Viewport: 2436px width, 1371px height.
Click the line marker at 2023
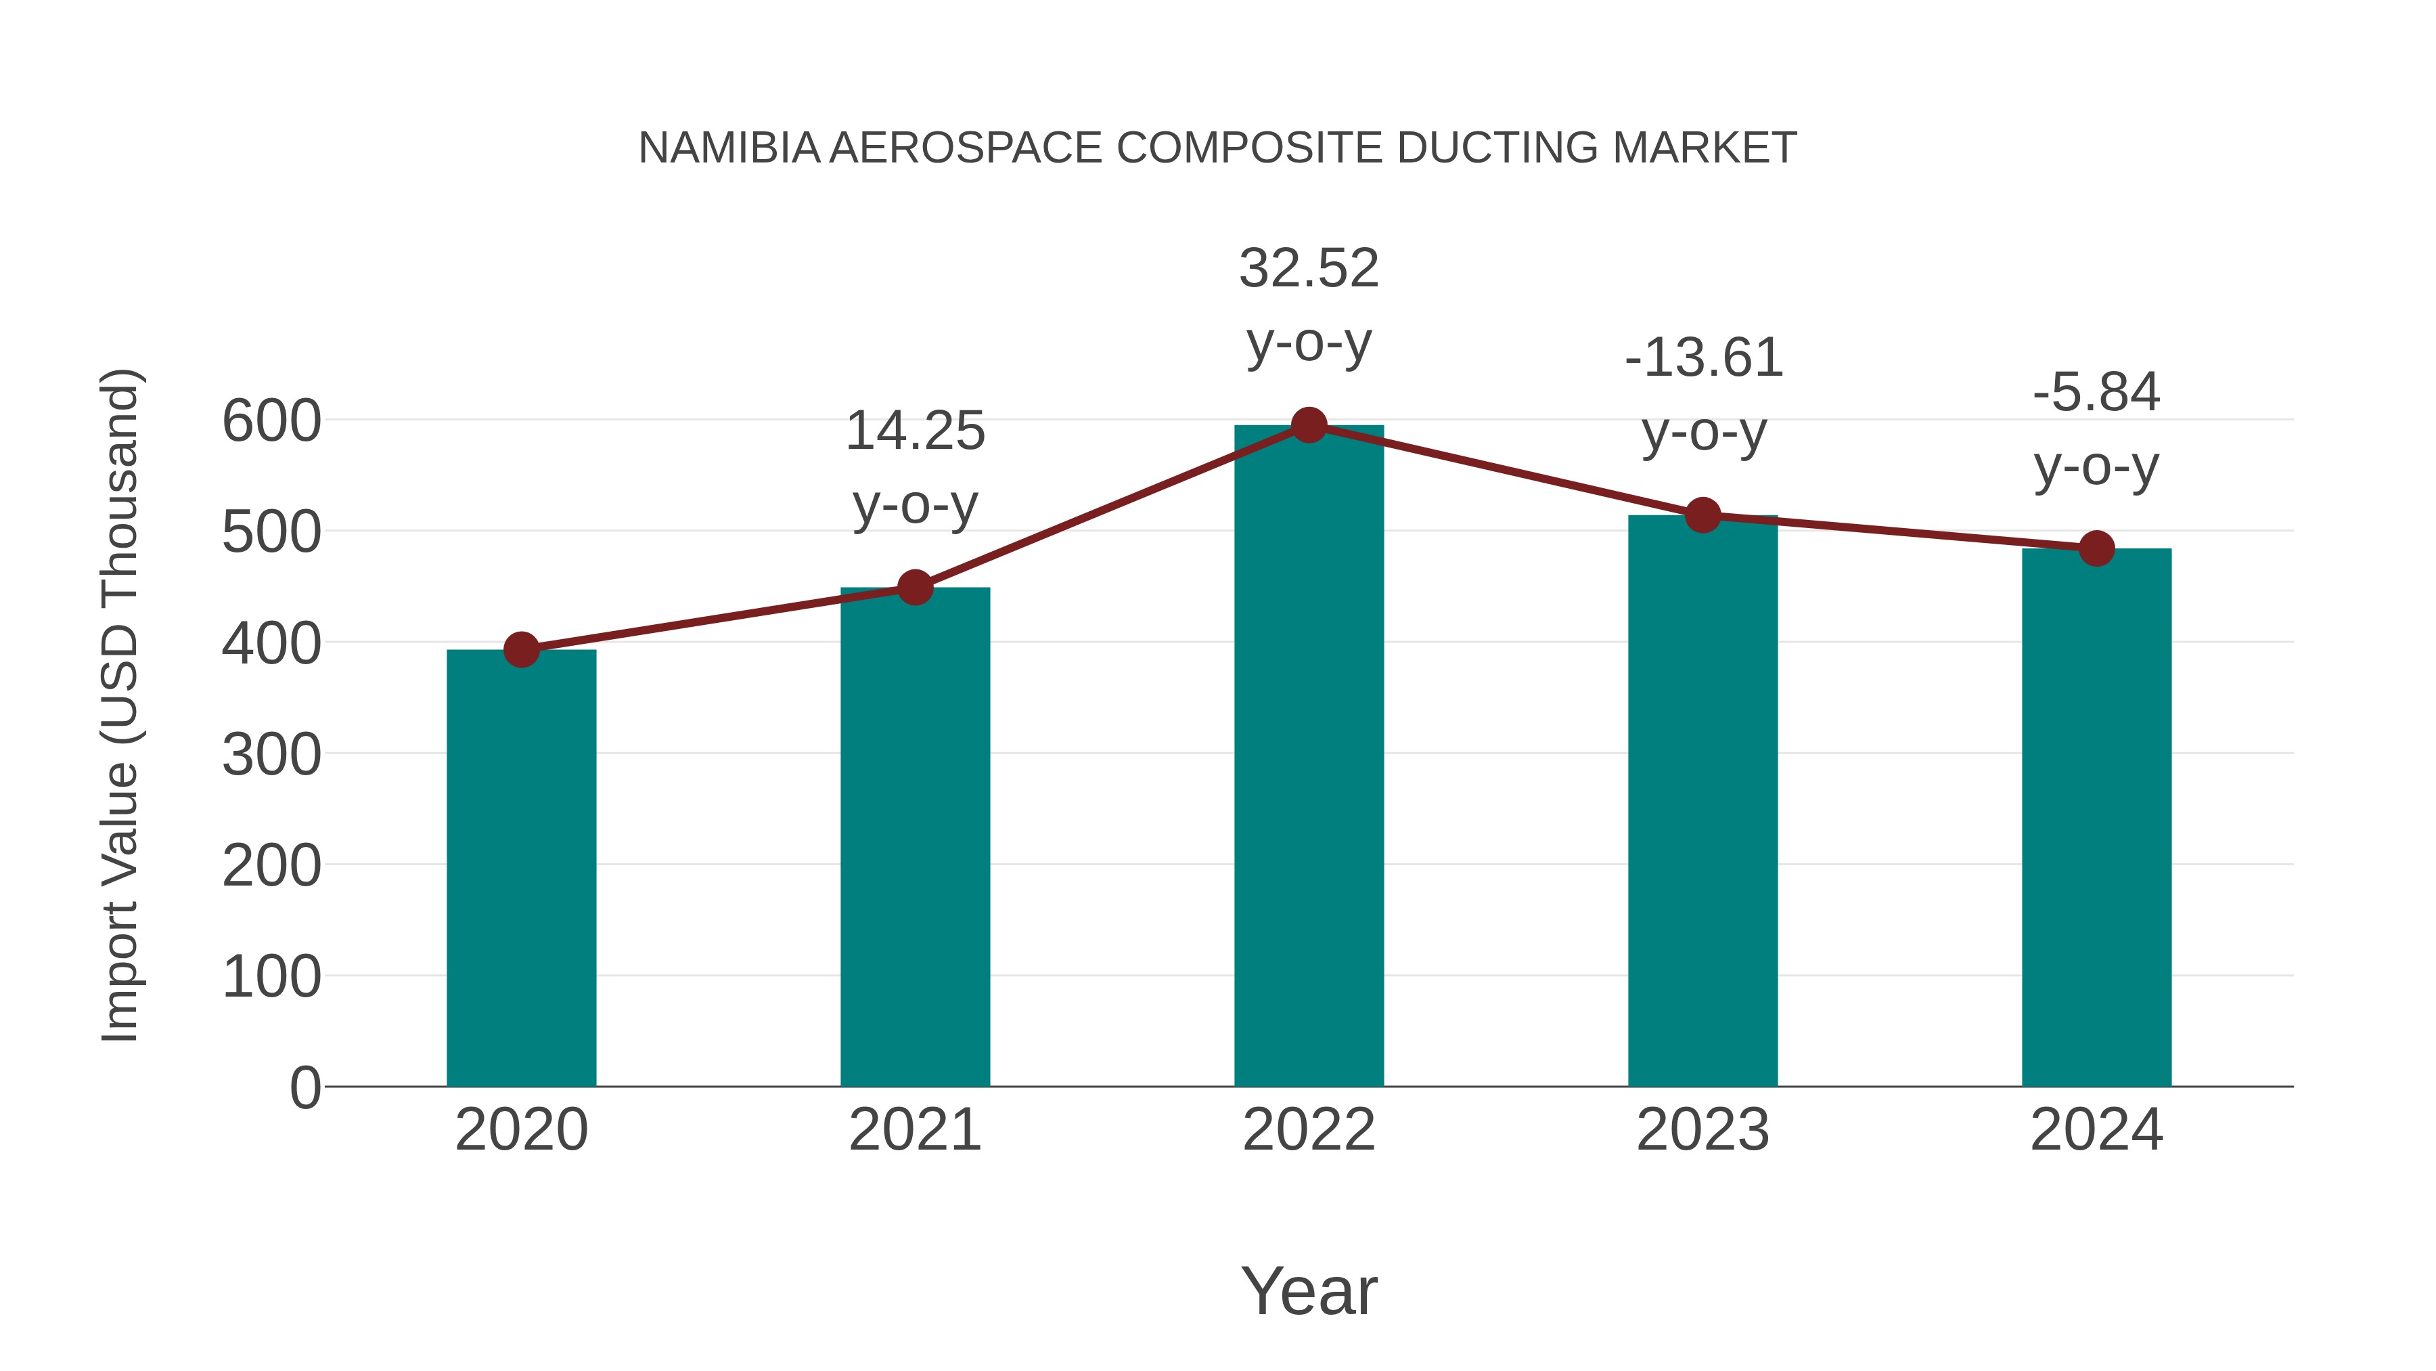(x=1702, y=516)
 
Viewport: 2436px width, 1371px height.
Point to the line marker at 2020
(x=521, y=650)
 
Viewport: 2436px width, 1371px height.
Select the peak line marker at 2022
(x=1309, y=426)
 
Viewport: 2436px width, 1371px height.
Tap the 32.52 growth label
(x=1309, y=269)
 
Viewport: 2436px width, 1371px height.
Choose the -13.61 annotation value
(x=1703, y=360)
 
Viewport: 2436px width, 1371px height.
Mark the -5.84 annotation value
(x=2096, y=393)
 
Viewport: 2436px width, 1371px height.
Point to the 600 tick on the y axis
(x=271, y=422)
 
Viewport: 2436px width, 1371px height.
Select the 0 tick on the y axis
(x=304, y=1088)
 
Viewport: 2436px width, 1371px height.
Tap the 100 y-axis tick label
(x=271, y=978)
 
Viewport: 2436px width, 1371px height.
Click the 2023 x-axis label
(x=1702, y=1131)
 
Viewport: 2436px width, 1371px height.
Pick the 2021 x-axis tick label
(x=914, y=1131)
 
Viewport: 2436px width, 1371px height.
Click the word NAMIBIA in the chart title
(x=729, y=148)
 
